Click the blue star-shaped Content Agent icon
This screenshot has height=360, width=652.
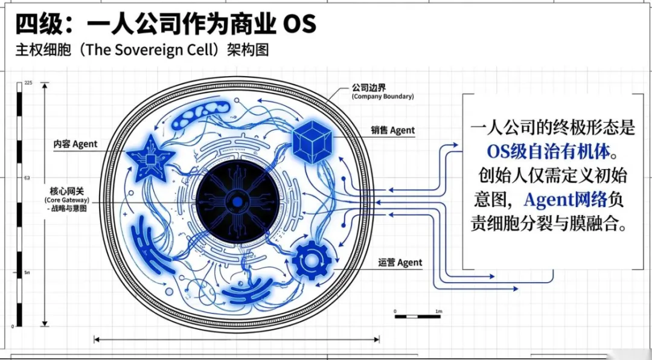[150, 158]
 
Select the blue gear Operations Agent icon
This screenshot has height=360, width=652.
[312, 260]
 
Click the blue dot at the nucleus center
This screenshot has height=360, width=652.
[238, 201]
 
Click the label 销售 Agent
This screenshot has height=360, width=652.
[393, 130]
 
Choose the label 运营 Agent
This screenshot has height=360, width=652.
[400, 263]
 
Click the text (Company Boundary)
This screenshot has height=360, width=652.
[383, 96]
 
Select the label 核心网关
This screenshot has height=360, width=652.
[66, 190]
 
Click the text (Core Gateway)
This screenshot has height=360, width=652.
[66, 200]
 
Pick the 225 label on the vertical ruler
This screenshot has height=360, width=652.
[28, 83]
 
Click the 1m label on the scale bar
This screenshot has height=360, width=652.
[438, 311]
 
